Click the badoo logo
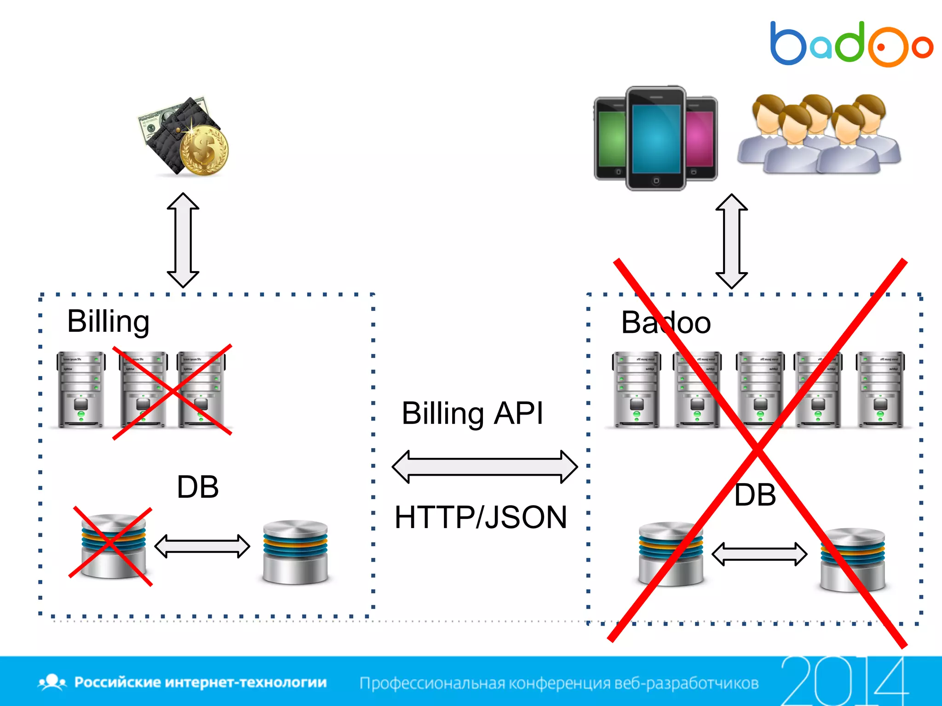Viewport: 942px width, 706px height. coord(851,44)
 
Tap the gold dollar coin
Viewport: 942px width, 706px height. coord(204,150)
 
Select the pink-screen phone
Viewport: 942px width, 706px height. coord(701,138)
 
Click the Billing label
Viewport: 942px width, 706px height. coord(108,321)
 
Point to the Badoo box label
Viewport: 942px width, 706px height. coord(666,323)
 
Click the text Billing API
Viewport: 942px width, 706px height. coord(472,413)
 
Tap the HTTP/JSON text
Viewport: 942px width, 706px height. coord(481,518)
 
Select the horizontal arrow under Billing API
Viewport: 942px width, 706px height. coord(484,467)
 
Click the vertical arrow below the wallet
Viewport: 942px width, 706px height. coord(183,240)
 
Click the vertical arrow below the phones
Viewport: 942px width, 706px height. coord(731,241)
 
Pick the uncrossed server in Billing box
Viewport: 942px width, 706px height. coord(81,390)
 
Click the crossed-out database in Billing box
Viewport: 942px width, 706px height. coord(113,546)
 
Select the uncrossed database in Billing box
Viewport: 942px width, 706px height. coord(295,552)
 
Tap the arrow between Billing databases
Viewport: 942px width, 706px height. coord(202,546)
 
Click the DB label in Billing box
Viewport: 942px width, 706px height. coord(198,487)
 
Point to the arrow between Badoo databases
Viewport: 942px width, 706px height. coord(759,554)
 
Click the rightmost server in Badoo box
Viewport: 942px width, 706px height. coord(880,390)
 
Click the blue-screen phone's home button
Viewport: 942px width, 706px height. coord(656,181)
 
